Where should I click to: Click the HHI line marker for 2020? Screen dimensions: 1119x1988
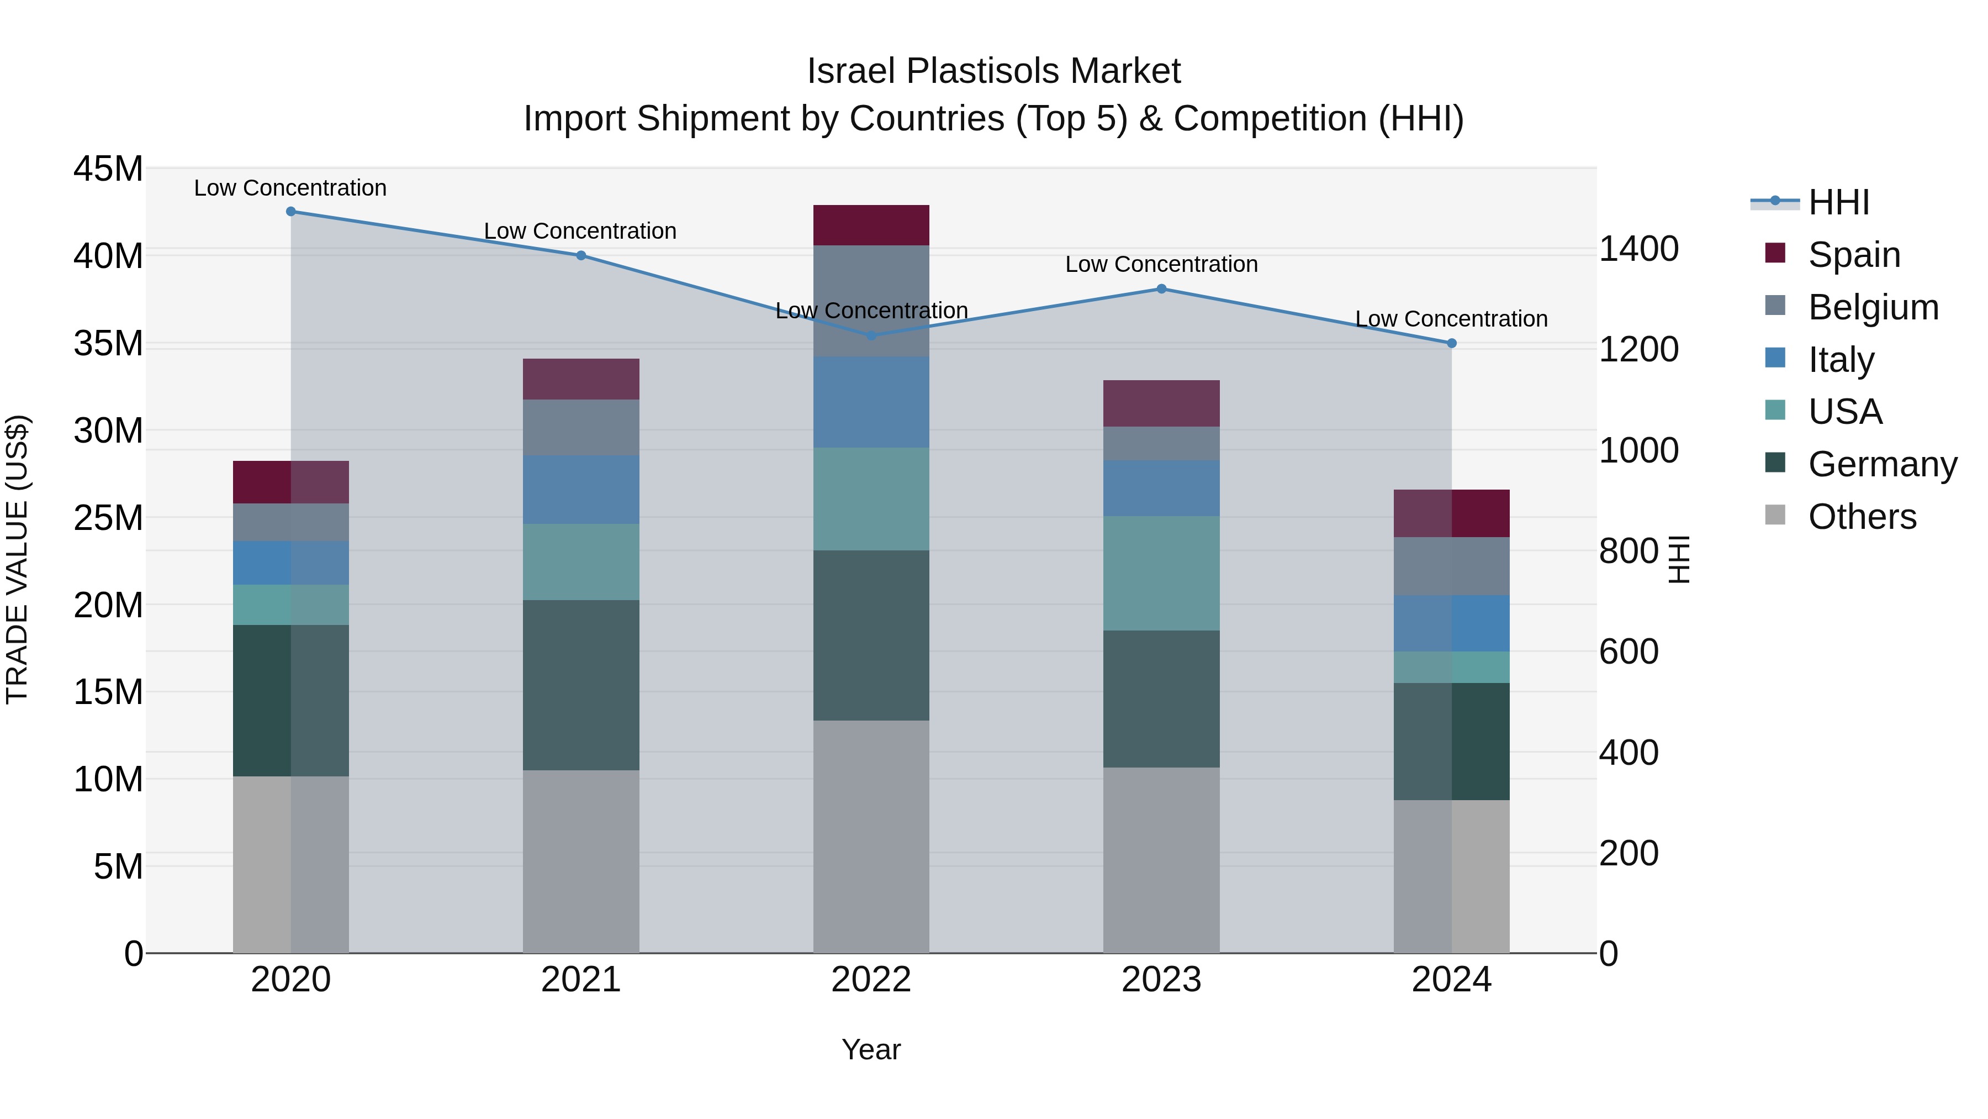coord(291,212)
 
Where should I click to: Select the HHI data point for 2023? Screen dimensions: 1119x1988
coord(1161,289)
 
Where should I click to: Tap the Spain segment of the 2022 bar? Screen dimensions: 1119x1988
coord(871,225)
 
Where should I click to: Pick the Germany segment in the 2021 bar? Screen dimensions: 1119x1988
coord(581,685)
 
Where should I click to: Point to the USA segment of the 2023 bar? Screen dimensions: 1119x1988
coord(1161,573)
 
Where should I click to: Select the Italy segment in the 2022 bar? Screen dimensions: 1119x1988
coord(871,402)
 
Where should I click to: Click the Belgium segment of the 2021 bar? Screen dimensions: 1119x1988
coord(581,427)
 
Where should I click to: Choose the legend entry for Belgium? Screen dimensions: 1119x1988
coord(1873,307)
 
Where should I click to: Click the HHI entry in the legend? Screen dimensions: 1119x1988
coord(1838,202)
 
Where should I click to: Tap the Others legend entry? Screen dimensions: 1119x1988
coord(1862,517)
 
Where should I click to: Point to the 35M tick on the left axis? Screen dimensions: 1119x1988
coord(108,343)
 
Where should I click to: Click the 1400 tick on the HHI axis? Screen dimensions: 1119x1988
coord(1638,249)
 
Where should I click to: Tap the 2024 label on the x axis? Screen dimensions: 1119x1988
coord(1451,980)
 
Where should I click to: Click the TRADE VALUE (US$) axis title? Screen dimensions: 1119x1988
coord(17,559)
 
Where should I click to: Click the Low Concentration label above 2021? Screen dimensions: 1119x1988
coord(580,231)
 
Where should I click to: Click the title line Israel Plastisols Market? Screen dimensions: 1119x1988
coord(993,71)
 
